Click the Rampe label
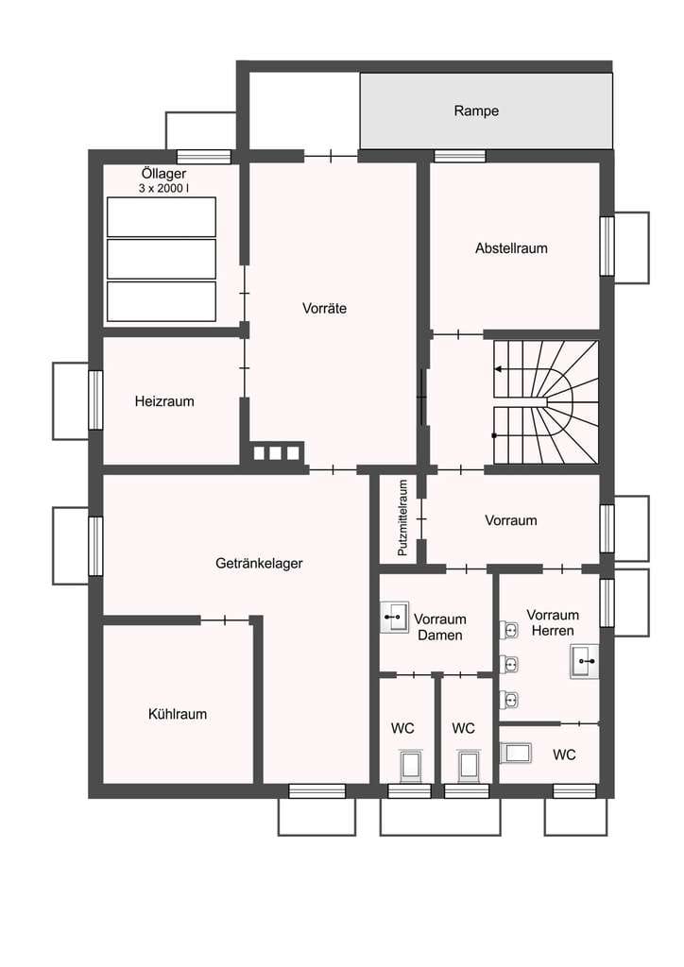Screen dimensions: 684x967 (476, 111)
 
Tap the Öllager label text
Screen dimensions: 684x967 (163, 174)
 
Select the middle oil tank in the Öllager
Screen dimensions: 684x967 (162, 259)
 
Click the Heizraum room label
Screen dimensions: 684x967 (164, 401)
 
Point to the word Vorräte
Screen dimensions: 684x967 (324, 309)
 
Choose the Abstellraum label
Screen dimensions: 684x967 (511, 248)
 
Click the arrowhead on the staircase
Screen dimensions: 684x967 (498, 369)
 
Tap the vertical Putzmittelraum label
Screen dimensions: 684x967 (402, 518)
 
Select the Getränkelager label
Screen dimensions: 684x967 (259, 563)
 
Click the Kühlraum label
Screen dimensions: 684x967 (178, 714)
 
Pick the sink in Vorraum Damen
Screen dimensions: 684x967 (394, 617)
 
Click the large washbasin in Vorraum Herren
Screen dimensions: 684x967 (584, 662)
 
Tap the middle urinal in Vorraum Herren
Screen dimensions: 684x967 (509, 665)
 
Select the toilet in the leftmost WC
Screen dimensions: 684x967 (409, 767)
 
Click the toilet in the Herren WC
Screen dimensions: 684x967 (515, 753)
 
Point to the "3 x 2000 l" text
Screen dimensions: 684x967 (163, 189)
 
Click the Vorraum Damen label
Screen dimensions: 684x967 (439, 627)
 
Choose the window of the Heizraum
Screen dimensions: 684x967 (95, 400)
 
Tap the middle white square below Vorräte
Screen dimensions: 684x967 (276, 453)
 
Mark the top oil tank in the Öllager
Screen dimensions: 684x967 (162, 217)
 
